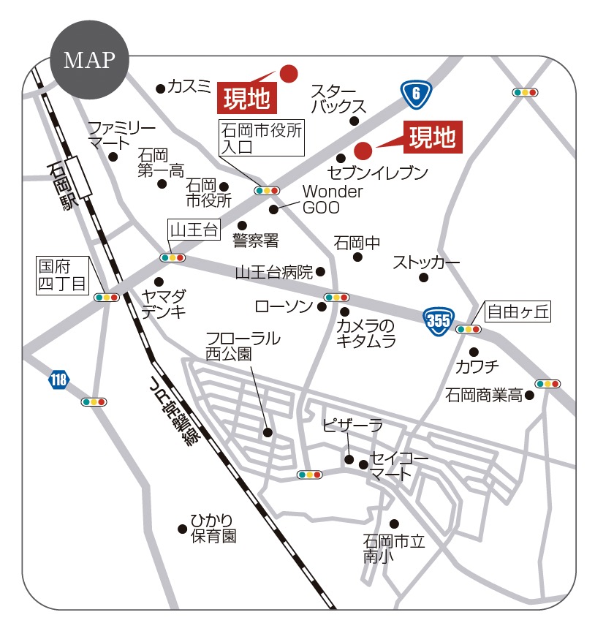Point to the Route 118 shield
(x=59, y=379)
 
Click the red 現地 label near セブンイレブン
(x=432, y=137)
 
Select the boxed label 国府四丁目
(x=63, y=275)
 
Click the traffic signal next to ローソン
(x=336, y=298)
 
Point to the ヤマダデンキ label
(x=164, y=304)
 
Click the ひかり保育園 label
(x=213, y=527)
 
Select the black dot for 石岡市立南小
(x=395, y=524)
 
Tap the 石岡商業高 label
(x=484, y=396)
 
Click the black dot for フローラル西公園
(x=268, y=433)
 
